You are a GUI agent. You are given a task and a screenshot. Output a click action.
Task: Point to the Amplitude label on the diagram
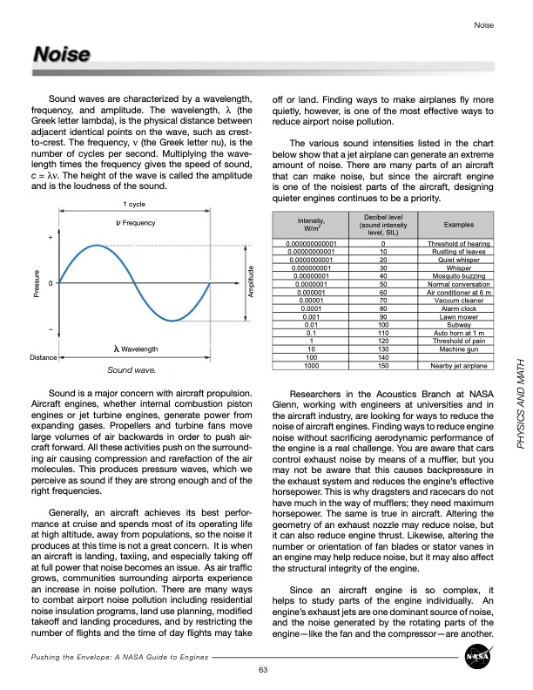[251, 259]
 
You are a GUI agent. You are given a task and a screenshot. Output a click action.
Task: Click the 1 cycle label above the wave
[134, 204]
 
